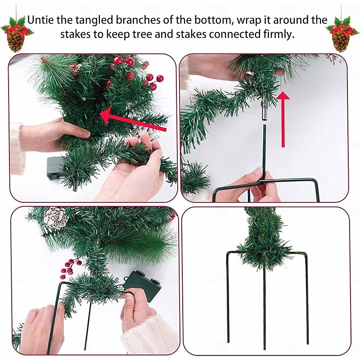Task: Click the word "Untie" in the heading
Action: [x=40, y=20]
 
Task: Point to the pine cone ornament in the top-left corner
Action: [x=15, y=41]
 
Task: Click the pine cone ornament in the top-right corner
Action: [x=341, y=41]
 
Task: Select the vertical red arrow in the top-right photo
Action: [x=283, y=119]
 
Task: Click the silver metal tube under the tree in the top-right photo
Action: [x=265, y=111]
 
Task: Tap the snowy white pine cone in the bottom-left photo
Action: [x=56, y=218]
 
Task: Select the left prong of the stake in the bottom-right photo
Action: [x=228, y=298]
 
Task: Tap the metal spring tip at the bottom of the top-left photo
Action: [x=76, y=186]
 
